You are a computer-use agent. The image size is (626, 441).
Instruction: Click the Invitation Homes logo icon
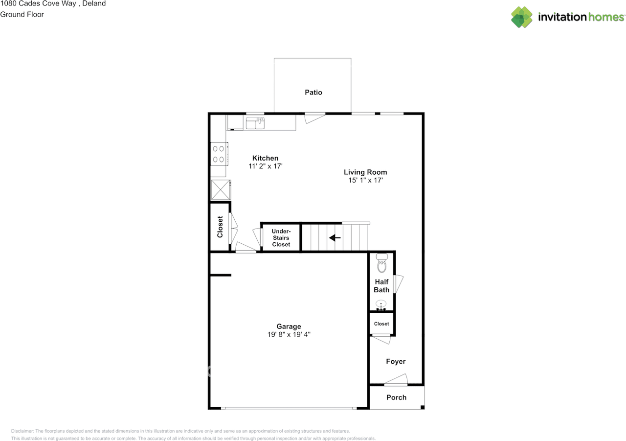click(522, 17)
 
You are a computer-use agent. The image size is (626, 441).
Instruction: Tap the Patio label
click(313, 92)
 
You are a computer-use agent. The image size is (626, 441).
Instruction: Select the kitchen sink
click(255, 123)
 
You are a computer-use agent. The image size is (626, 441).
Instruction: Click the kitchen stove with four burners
click(219, 153)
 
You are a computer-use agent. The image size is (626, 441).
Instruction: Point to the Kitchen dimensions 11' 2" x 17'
click(266, 166)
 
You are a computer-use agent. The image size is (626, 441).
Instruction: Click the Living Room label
click(365, 172)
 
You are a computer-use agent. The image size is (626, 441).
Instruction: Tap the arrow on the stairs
click(335, 238)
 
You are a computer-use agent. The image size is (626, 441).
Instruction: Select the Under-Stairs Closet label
click(281, 237)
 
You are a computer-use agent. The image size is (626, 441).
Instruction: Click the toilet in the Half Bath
click(381, 263)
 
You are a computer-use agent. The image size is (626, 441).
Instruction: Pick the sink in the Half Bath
click(381, 306)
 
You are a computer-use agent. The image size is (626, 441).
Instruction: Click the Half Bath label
click(381, 286)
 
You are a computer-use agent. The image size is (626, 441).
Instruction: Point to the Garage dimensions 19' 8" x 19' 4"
click(289, 335)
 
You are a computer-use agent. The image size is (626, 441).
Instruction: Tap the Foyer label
click(396, 361)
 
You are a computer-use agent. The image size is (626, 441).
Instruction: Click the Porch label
click(396, 397)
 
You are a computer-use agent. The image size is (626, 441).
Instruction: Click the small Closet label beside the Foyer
click(381, 324)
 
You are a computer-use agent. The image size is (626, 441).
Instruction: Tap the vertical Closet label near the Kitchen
click(220, 227)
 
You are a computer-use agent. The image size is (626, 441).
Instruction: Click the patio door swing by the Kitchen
click(314, 117)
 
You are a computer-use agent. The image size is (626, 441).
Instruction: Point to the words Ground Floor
click(22, 14)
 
